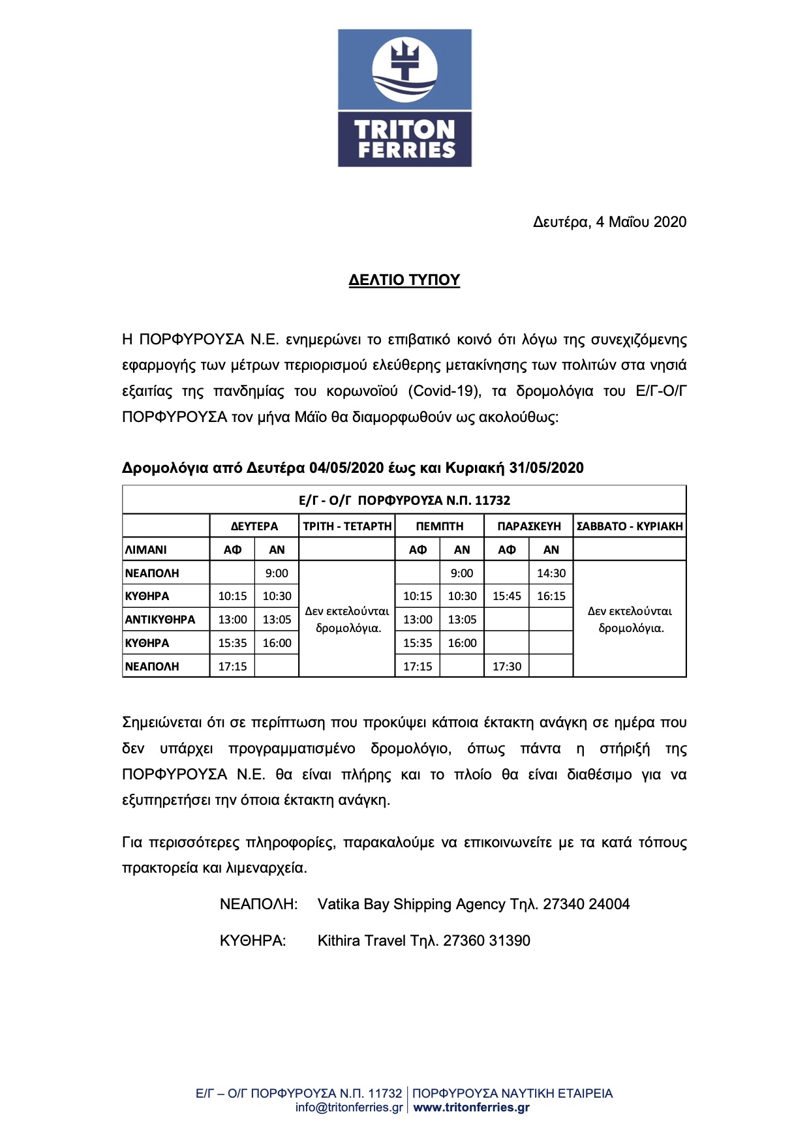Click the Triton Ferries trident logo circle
coord(404,69)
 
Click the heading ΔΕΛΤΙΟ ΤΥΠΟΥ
coord(404,280)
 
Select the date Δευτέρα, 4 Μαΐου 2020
coord(609,222)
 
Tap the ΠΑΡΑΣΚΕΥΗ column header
coord(528,526)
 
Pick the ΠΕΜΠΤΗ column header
coord(440,526)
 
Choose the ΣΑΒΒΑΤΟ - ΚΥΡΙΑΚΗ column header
coord(630,526)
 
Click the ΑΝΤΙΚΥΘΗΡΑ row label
coord(160,620)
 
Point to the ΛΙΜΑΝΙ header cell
coord(146,550)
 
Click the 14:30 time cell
coord(551,573)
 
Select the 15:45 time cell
coord(507,596)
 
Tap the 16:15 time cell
coord(551,596)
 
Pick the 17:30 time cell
coord(507,667)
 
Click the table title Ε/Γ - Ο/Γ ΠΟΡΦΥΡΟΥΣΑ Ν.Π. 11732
coord(404,501)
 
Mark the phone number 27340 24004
coord(587,905)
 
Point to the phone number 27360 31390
coord(487,941)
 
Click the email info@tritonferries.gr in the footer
coord(349,1107)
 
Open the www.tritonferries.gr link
coord(472,1107)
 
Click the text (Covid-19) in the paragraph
coord(445,391)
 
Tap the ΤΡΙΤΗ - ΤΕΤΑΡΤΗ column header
coord(347,526)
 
